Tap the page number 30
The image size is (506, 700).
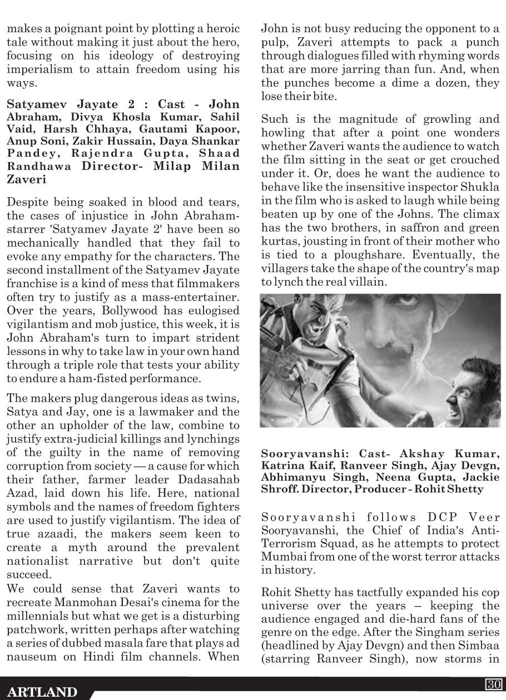pos(494,683)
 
